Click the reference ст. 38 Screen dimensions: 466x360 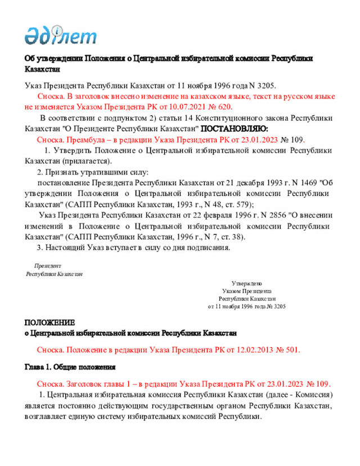[x=229, y=236]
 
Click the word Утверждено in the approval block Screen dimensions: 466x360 [x=246, y=283]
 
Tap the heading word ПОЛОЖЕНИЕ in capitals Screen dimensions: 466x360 [x=49, y=322]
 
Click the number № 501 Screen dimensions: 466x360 [x=287, y=349]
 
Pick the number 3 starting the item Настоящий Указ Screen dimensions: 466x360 [x=39, y=247]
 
